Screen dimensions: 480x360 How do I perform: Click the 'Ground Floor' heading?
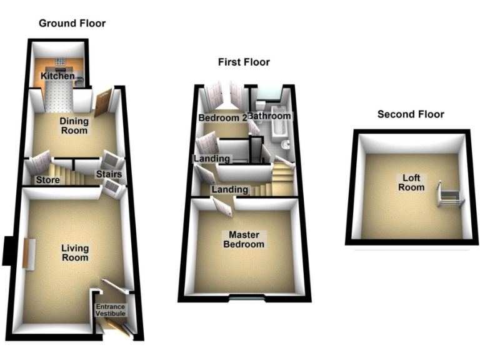[72, 24]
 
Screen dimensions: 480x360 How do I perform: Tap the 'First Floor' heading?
[244, 62]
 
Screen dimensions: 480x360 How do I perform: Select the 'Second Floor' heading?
[411, 114]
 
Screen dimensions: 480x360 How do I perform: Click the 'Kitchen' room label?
[57, 76]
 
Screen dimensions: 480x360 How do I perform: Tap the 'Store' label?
[47, 181]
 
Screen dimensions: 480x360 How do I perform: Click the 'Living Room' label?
[74, 253]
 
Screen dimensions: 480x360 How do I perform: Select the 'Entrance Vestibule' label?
[110, 310]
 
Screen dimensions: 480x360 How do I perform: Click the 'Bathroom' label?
[269, 116]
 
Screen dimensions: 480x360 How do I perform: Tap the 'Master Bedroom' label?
[244, 239]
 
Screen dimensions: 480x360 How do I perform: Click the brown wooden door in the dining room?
[103, 102]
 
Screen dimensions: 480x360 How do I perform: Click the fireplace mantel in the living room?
[27, 253]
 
